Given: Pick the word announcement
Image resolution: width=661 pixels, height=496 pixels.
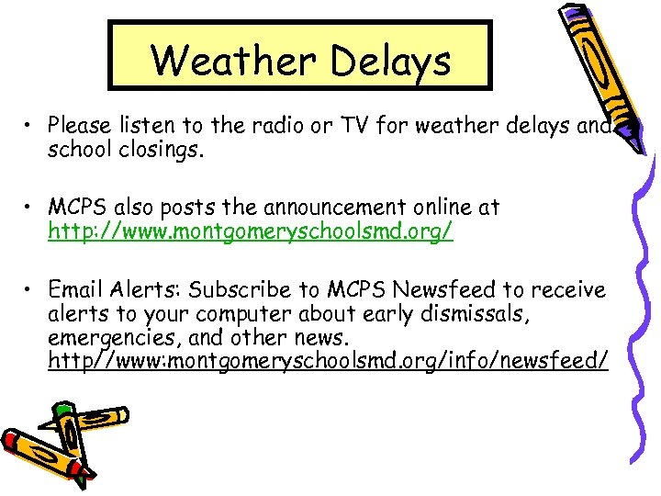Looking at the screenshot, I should click(x=315, y=209).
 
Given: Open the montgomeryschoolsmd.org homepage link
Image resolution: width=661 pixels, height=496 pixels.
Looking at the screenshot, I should click(x=251, y=231).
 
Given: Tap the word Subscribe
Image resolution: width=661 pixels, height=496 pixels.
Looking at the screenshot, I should click(x=233, y=290).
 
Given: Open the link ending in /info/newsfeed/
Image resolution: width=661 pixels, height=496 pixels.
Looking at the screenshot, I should click(x=328, y=360).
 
